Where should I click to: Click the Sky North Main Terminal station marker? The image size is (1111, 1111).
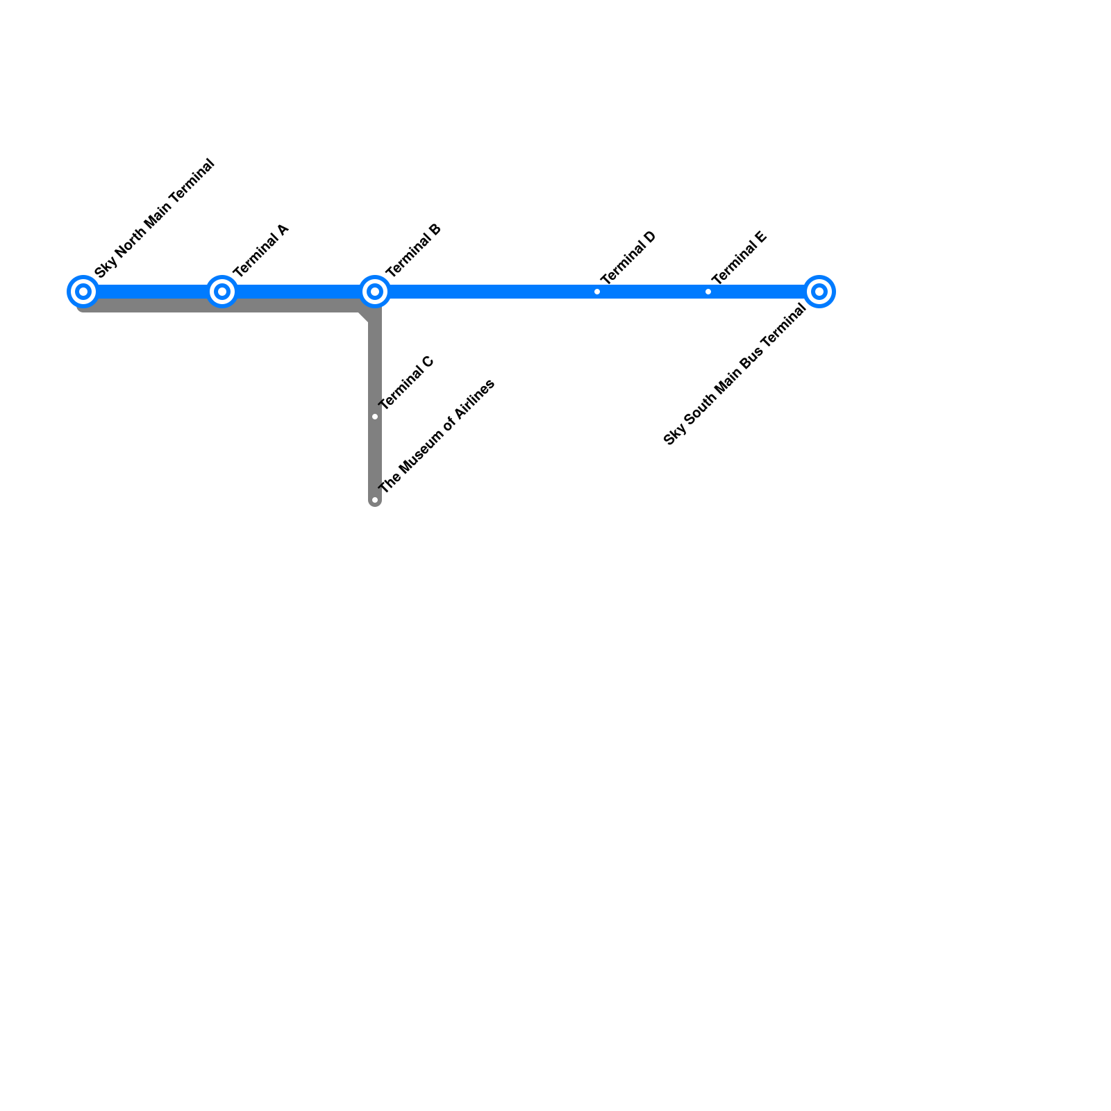(83, 292)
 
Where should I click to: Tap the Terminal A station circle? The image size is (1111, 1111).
(222, 292)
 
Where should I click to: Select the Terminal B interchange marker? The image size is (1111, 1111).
(375, 292)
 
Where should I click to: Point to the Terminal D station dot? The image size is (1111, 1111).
(597, 292)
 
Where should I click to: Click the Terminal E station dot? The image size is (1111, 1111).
(708, 292)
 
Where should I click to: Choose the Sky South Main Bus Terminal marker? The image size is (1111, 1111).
(819, 292)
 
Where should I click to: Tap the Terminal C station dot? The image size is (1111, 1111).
(375, 417)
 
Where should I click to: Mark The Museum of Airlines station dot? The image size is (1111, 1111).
(375, 500)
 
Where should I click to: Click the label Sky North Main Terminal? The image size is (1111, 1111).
(155, 219)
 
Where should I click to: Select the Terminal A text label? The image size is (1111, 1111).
(260, 251)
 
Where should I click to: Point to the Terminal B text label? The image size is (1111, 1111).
(413, 251)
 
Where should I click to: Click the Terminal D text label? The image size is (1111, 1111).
(628, 258)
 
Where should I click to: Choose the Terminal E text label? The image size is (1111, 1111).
(739, 258)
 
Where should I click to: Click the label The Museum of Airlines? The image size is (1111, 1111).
(437, 436)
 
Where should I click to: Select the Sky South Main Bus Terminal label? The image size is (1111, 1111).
(735, 375)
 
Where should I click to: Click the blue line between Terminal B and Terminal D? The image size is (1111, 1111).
(486, 292)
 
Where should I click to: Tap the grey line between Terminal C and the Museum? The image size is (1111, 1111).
(375, 458)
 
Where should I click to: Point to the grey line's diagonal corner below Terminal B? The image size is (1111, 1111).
(364, 317)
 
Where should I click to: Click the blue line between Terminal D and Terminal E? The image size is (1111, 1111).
(653, 292)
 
